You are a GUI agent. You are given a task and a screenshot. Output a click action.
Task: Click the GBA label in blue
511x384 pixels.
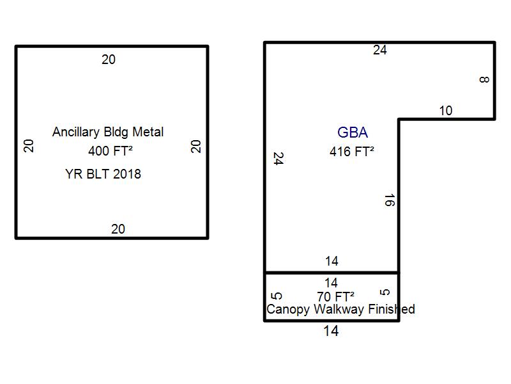353,133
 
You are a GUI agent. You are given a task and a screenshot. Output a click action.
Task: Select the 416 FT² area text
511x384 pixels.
351,152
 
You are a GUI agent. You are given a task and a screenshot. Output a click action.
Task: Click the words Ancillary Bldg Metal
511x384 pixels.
108,132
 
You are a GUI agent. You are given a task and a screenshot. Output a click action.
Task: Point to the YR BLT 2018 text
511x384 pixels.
103,174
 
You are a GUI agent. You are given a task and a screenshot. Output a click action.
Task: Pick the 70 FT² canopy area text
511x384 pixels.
335,296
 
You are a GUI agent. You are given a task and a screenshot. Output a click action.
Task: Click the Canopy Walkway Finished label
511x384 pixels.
340,310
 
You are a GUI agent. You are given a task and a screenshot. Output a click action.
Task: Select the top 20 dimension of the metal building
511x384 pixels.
109,60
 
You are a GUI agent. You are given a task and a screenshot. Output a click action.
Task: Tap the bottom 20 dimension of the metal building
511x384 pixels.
118,229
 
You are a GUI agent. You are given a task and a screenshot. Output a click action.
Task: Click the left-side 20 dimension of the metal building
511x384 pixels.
29,146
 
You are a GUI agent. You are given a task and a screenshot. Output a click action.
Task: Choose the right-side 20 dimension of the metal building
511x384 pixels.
196,146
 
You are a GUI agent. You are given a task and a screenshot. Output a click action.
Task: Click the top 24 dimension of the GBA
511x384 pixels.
380,50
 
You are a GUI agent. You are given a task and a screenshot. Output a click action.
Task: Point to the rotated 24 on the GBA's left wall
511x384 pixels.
278,159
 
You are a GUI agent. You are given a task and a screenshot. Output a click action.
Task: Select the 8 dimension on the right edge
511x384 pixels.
484,80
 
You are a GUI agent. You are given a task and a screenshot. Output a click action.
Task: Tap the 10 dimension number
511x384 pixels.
446,111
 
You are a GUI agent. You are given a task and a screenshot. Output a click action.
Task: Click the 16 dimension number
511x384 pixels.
390,200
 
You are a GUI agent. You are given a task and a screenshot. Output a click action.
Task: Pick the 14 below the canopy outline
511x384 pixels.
331,332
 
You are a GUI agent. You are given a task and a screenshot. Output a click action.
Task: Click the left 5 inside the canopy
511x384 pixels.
277,296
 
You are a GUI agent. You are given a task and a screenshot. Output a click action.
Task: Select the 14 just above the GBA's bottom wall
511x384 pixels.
332,261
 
